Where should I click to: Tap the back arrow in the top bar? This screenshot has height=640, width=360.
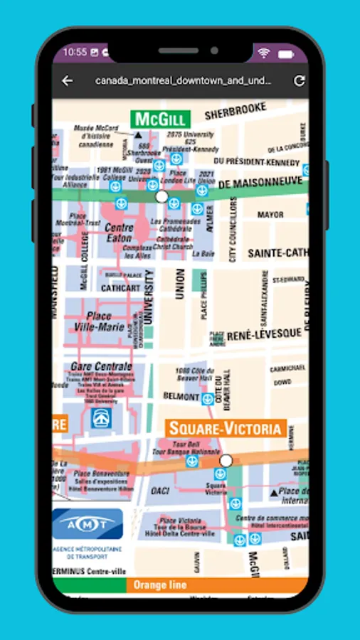tap(67, 81)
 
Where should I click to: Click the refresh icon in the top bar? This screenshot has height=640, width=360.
tap(299, 81)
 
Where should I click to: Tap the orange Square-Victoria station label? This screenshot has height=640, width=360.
tap(226, 428)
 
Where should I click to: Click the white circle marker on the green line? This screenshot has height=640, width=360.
tap(162, 196)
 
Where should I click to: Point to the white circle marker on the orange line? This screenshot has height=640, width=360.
tap(226, 461)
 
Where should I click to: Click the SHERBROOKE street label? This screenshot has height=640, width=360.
tap(235, 110)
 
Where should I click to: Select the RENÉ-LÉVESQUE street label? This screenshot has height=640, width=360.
tap(264, 334)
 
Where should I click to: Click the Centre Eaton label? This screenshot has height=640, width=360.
tap(119, 233)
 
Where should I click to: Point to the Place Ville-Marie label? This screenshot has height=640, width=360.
tap(98, 321)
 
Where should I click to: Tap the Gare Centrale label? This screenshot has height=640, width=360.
tap(101, 367)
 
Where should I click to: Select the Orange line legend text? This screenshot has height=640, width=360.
tap(160, 585)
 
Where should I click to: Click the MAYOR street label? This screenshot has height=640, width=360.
tap(270, 214)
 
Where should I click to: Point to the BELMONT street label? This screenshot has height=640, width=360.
tap(179, 395)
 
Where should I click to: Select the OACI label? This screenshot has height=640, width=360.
tap(160, 491)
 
